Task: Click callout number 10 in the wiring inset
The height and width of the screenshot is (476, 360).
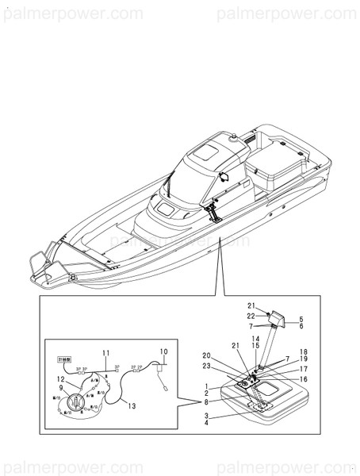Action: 163,351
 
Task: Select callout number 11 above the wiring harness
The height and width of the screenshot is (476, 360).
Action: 105,351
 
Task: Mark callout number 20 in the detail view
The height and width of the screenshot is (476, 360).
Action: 206,355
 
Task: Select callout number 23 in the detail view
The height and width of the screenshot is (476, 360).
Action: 206,366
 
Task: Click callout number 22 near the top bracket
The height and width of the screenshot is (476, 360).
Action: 251,316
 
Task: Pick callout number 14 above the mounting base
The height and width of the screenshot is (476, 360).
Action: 255,339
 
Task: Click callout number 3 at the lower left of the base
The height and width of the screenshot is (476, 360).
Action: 206,415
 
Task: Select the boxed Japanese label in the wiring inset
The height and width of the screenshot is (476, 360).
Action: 63,359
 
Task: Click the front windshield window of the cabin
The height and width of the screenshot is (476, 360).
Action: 168,210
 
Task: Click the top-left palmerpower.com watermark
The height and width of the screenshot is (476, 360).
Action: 72,13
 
